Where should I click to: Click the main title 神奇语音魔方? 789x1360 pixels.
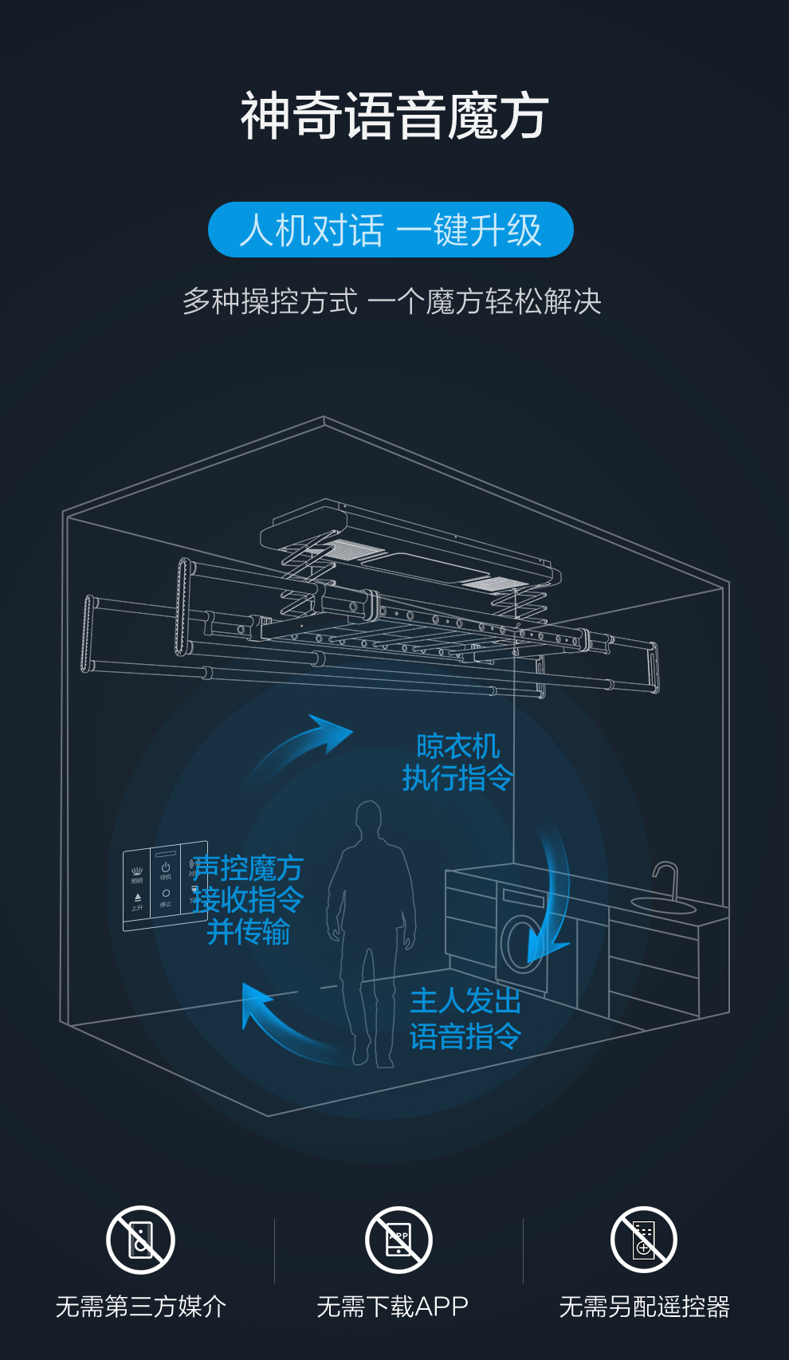click(394, 116)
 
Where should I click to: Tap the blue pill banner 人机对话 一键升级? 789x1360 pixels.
click(391, 230)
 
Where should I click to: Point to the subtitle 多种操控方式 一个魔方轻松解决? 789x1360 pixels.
click(392, 301)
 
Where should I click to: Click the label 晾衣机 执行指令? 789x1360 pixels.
click(457, 762)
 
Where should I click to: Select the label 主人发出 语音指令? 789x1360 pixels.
click(465, 1018)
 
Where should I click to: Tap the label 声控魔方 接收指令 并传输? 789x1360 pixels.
click(248, 899)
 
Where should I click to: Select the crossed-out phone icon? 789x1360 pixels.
click(140, 1240)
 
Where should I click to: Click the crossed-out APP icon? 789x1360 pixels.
click(398, 1240)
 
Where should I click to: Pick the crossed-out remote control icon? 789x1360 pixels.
click(643, 1240)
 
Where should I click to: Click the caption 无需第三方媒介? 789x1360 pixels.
click(140, 1307)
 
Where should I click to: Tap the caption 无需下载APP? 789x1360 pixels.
click(392, 1307)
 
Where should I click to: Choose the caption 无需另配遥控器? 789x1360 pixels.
click(644, 1307)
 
